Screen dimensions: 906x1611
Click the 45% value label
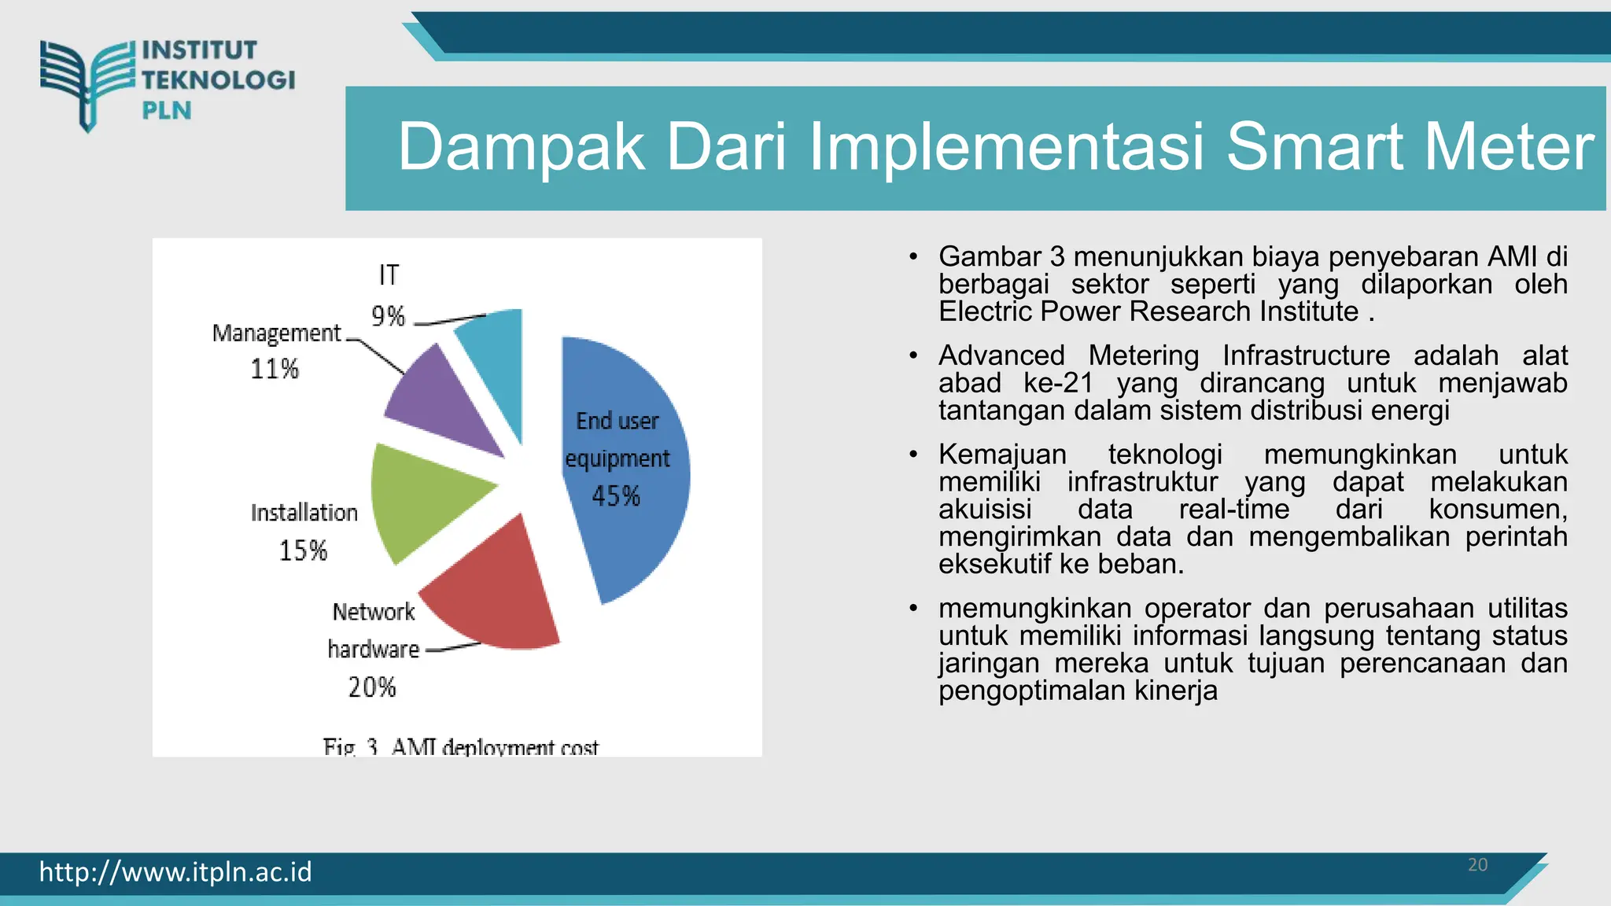pyautogui.click(x=616, y=496)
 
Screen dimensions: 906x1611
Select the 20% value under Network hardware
pyautogui.click(x=372, y=687)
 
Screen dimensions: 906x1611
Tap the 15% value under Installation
pyautogui.click(x=303, y=551)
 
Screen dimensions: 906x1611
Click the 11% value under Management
pyautogui.click(x=275, y=369)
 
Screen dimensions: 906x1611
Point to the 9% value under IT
pyautogui.click(x=388, y=316)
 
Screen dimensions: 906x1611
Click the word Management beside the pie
pyautogui.click(x=277, y=333)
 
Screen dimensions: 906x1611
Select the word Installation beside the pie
pyautogui.click(x=304, y=513)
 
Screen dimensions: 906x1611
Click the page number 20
pyautogui.click(x=1477, y=865)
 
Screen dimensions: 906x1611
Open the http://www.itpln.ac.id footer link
pyautogui.click(x=175, y=872)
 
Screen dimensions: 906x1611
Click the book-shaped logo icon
pyautogui.click(x=87, y=83)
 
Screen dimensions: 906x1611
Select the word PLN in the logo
pyautogui.click(x=167, y=111)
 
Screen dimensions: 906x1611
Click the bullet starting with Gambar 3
pyautogui.click(x=1252, y=284)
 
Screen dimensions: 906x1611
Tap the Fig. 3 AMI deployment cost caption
pyautogui.click(x=461, y=746)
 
